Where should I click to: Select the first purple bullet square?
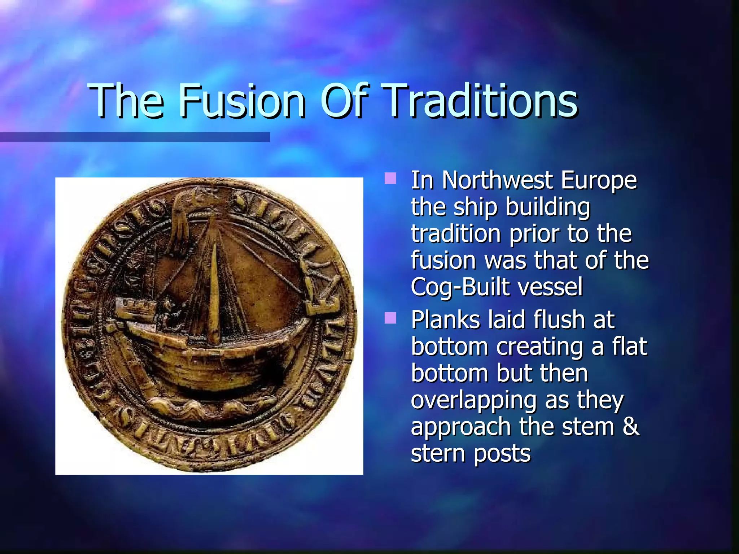tap(390, 178)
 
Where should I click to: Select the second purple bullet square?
tap(390, 318)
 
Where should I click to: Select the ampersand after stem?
tap(631, 427)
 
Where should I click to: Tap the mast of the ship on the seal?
tap(214, 289)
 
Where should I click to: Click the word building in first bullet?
tap(548, 207)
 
